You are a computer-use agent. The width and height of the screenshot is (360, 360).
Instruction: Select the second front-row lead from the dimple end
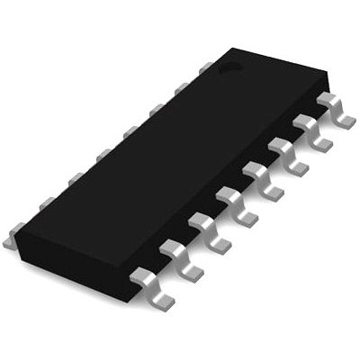pyautogui.click(x=310, y=128)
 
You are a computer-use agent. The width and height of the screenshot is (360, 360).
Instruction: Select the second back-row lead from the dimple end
pyautogui.click(x=181, y=87)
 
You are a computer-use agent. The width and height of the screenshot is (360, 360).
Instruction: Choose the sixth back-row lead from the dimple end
pyautogui.click(x=71, y=178)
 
